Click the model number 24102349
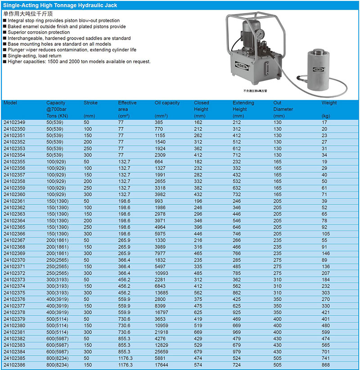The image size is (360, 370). [14, 122]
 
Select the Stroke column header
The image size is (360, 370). [90, 103]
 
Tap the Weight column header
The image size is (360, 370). [329, 103]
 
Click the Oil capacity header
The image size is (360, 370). [167, 103]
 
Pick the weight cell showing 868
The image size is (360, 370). [326, 365]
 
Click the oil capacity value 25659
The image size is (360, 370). [162, 352]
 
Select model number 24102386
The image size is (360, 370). [14, 365]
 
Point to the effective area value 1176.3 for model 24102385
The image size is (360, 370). [126, 359]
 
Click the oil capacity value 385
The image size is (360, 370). [159, 122]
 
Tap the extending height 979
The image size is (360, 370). [237, 352]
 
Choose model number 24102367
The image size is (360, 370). [14, 240]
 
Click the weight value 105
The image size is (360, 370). [326, 234]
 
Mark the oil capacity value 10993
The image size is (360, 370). [162, 273]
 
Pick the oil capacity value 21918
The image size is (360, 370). [162, 332]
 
